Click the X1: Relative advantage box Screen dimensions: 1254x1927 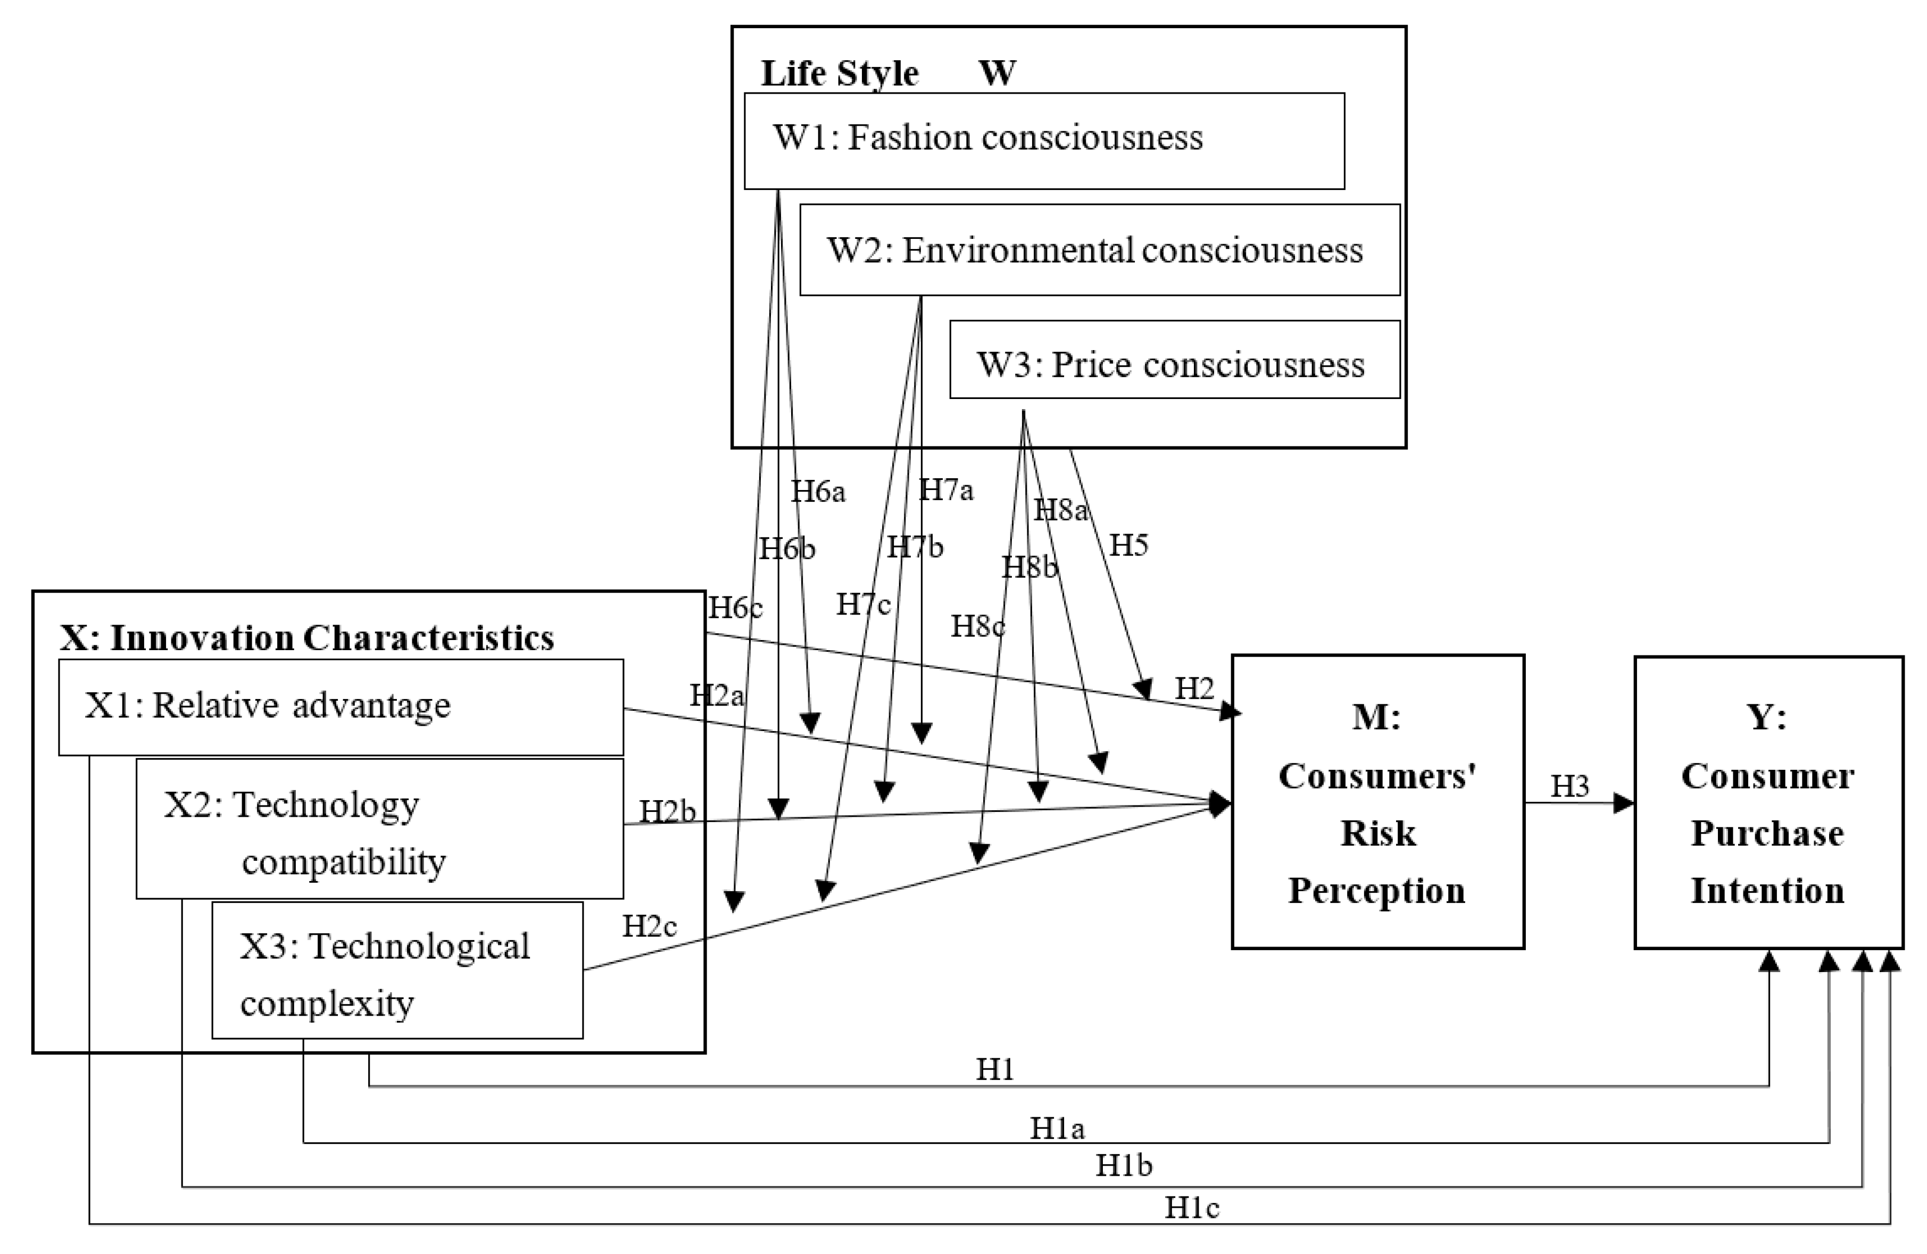point(340,707)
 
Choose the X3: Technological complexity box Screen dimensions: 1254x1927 point(397,970)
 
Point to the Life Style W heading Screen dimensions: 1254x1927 point(887,73)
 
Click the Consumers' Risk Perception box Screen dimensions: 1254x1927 point(1377,801)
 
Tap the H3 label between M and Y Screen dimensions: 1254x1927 point(1569,785)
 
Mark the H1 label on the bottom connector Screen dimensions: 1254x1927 point(994,1069)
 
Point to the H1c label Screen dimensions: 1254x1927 point(1191,1208)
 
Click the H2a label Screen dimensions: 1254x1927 point(716,695)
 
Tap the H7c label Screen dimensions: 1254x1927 point(863,603)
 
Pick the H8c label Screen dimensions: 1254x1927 point(977,625)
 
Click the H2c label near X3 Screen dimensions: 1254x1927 point(649,925)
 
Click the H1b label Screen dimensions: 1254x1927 point(1123,1165)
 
